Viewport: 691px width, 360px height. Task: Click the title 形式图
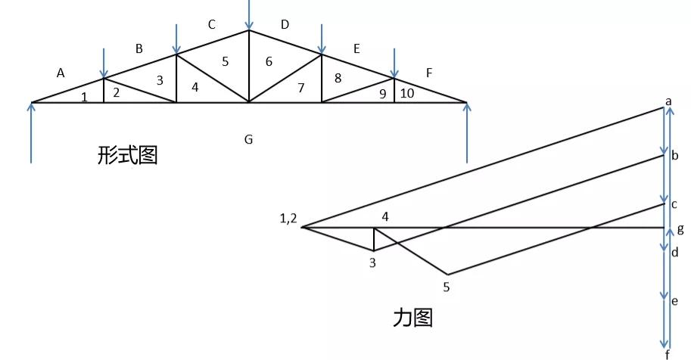[127, 156]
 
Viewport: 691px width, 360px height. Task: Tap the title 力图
[412, 317]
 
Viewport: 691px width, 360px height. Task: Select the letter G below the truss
[248, 139]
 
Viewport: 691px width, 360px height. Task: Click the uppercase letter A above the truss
[61, 73]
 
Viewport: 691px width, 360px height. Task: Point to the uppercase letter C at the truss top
[212, 25]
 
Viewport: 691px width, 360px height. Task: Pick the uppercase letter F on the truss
[429, 73]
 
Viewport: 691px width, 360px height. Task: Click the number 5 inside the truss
[225, 62]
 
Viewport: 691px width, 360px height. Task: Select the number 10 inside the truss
[407, 94]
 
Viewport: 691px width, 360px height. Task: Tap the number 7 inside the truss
[301, 88]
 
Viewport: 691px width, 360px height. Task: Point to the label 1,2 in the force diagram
[288, 219]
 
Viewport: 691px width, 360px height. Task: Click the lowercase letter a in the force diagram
[668, 101]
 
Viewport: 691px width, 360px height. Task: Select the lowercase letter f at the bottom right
[667, 354]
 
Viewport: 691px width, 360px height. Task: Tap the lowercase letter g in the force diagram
[680, 228]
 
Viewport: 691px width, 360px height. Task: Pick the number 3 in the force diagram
[372, 262]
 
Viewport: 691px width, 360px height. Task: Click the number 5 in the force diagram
[446, 287]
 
